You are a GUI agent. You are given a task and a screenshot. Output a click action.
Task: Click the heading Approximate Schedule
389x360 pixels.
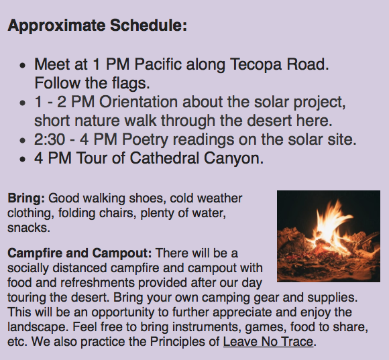point(97,25)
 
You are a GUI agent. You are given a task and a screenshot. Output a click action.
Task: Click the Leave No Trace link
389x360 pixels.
point(268,342)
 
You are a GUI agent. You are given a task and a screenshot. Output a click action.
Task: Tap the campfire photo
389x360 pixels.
point(329,236)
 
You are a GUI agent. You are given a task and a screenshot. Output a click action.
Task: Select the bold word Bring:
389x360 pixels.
point(26,198)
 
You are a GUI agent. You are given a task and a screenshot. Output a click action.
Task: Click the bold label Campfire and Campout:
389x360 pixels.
point(79,253)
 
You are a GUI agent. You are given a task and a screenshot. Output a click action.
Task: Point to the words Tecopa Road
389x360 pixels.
point(280,64)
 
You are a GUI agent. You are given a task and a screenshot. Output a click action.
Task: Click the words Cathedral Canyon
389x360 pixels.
point(197,158)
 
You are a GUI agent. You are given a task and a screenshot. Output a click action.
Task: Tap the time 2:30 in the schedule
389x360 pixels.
point(50,139)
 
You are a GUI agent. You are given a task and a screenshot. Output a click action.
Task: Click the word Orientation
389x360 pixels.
point(138,102)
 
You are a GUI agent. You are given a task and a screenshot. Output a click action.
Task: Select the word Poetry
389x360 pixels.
point(145,139)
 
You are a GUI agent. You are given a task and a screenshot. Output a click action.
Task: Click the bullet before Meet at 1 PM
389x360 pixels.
point(22,66)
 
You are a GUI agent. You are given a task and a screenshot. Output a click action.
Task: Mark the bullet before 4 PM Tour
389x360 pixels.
point(22,159)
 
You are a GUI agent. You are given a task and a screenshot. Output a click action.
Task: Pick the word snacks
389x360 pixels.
point(29,228)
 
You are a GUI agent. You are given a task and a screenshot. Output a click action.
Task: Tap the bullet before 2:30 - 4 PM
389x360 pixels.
point(22,140)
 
